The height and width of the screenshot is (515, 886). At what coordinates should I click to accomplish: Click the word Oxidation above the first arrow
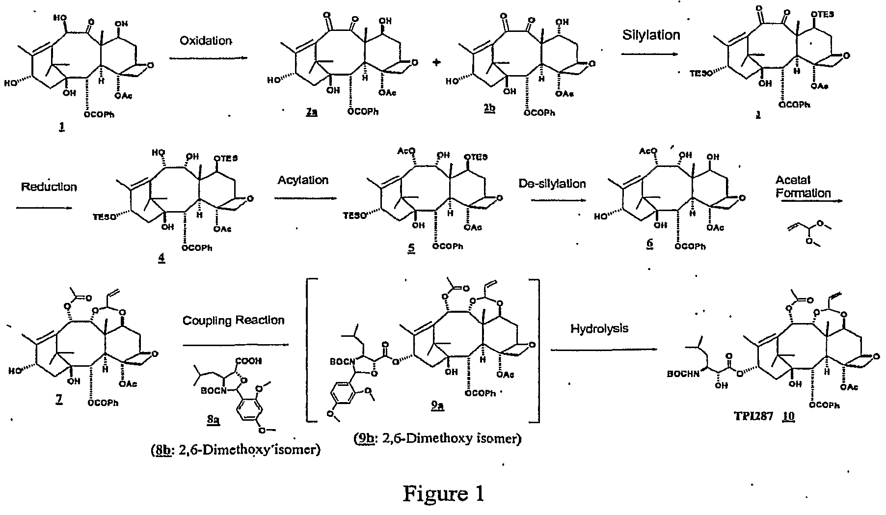point(205,40)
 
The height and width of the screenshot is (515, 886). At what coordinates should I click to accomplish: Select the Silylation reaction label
point(651,35)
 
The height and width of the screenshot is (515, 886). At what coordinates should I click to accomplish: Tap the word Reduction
point(49,187)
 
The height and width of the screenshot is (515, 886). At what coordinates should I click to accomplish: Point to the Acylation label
point(302,180)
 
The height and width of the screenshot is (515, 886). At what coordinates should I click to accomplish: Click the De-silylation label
point(552,183)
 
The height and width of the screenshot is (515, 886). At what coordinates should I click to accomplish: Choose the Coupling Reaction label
point(233,320)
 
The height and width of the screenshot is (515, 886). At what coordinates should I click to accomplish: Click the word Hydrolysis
point(599,328)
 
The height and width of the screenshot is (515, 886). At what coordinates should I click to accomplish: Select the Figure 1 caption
point(443,493)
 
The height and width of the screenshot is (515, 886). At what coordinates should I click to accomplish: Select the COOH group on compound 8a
point(248,361)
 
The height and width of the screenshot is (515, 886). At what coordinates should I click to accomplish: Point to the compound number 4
point(161,259)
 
